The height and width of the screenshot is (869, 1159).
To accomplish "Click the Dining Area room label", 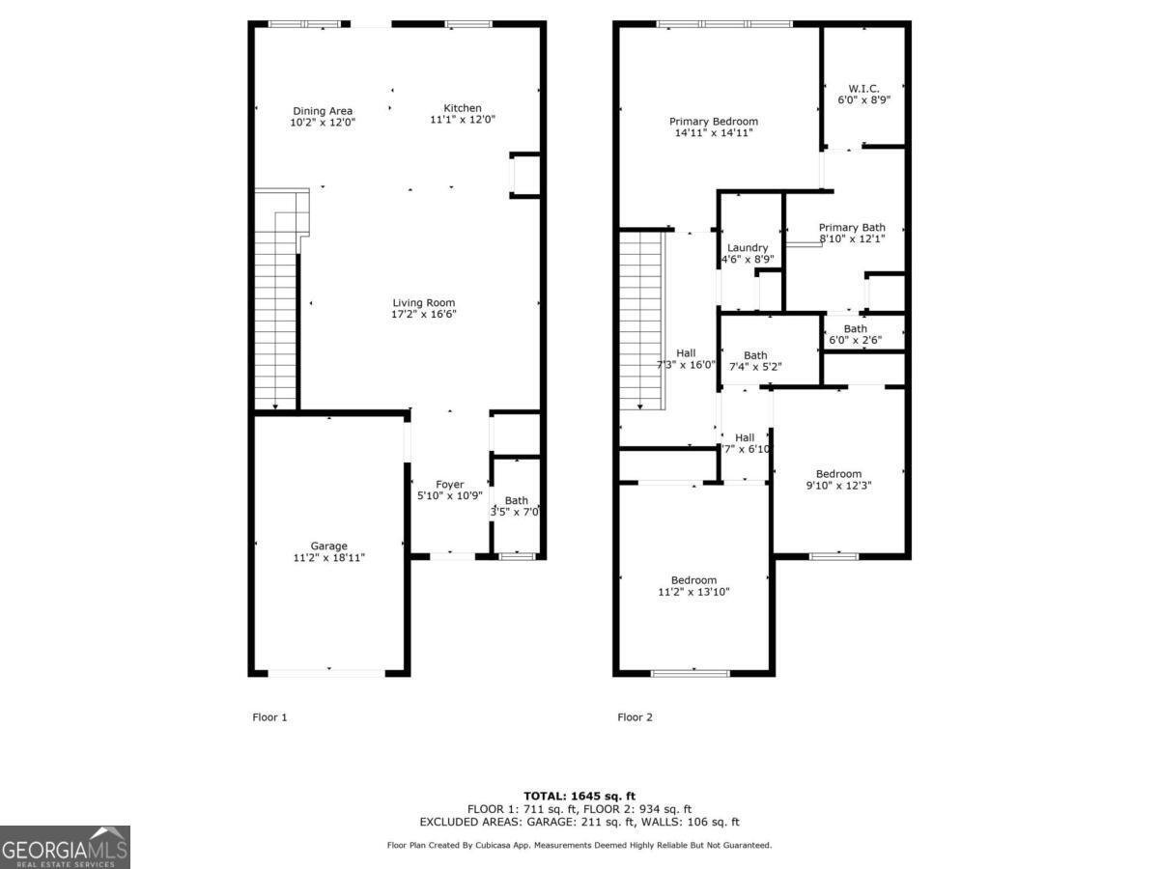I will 323,111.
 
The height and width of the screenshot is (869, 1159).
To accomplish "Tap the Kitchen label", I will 462,108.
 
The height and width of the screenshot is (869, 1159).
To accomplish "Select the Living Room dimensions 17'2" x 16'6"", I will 423,315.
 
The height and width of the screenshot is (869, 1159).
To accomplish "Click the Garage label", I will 328,547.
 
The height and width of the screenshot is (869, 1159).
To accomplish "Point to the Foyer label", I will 449,485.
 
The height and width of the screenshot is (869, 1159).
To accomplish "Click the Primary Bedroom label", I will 714,122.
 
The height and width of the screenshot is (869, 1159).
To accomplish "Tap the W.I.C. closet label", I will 862,88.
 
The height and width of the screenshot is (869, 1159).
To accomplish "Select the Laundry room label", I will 748,248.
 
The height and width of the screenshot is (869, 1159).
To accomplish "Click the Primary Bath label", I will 852,228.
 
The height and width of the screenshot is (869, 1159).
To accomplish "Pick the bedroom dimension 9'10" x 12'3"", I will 838,486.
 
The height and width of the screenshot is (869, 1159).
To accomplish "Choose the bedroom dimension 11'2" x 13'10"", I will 693,592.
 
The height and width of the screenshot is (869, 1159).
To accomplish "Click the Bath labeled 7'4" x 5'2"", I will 755,355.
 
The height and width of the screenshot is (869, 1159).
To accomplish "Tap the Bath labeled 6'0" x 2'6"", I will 855,329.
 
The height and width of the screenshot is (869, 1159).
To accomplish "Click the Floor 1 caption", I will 269,717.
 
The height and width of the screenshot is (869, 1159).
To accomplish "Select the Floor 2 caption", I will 636,717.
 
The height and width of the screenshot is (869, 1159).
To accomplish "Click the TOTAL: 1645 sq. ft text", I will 579,796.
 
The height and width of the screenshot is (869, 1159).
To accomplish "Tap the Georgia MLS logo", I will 65,848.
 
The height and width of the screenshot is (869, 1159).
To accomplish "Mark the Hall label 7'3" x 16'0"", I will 685,353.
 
